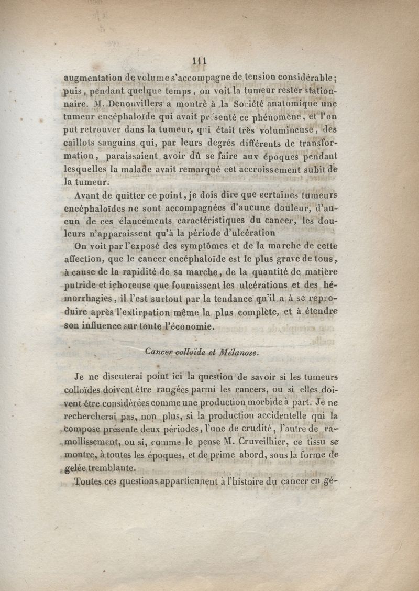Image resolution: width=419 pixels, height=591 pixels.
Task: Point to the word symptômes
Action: [199, 246]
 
